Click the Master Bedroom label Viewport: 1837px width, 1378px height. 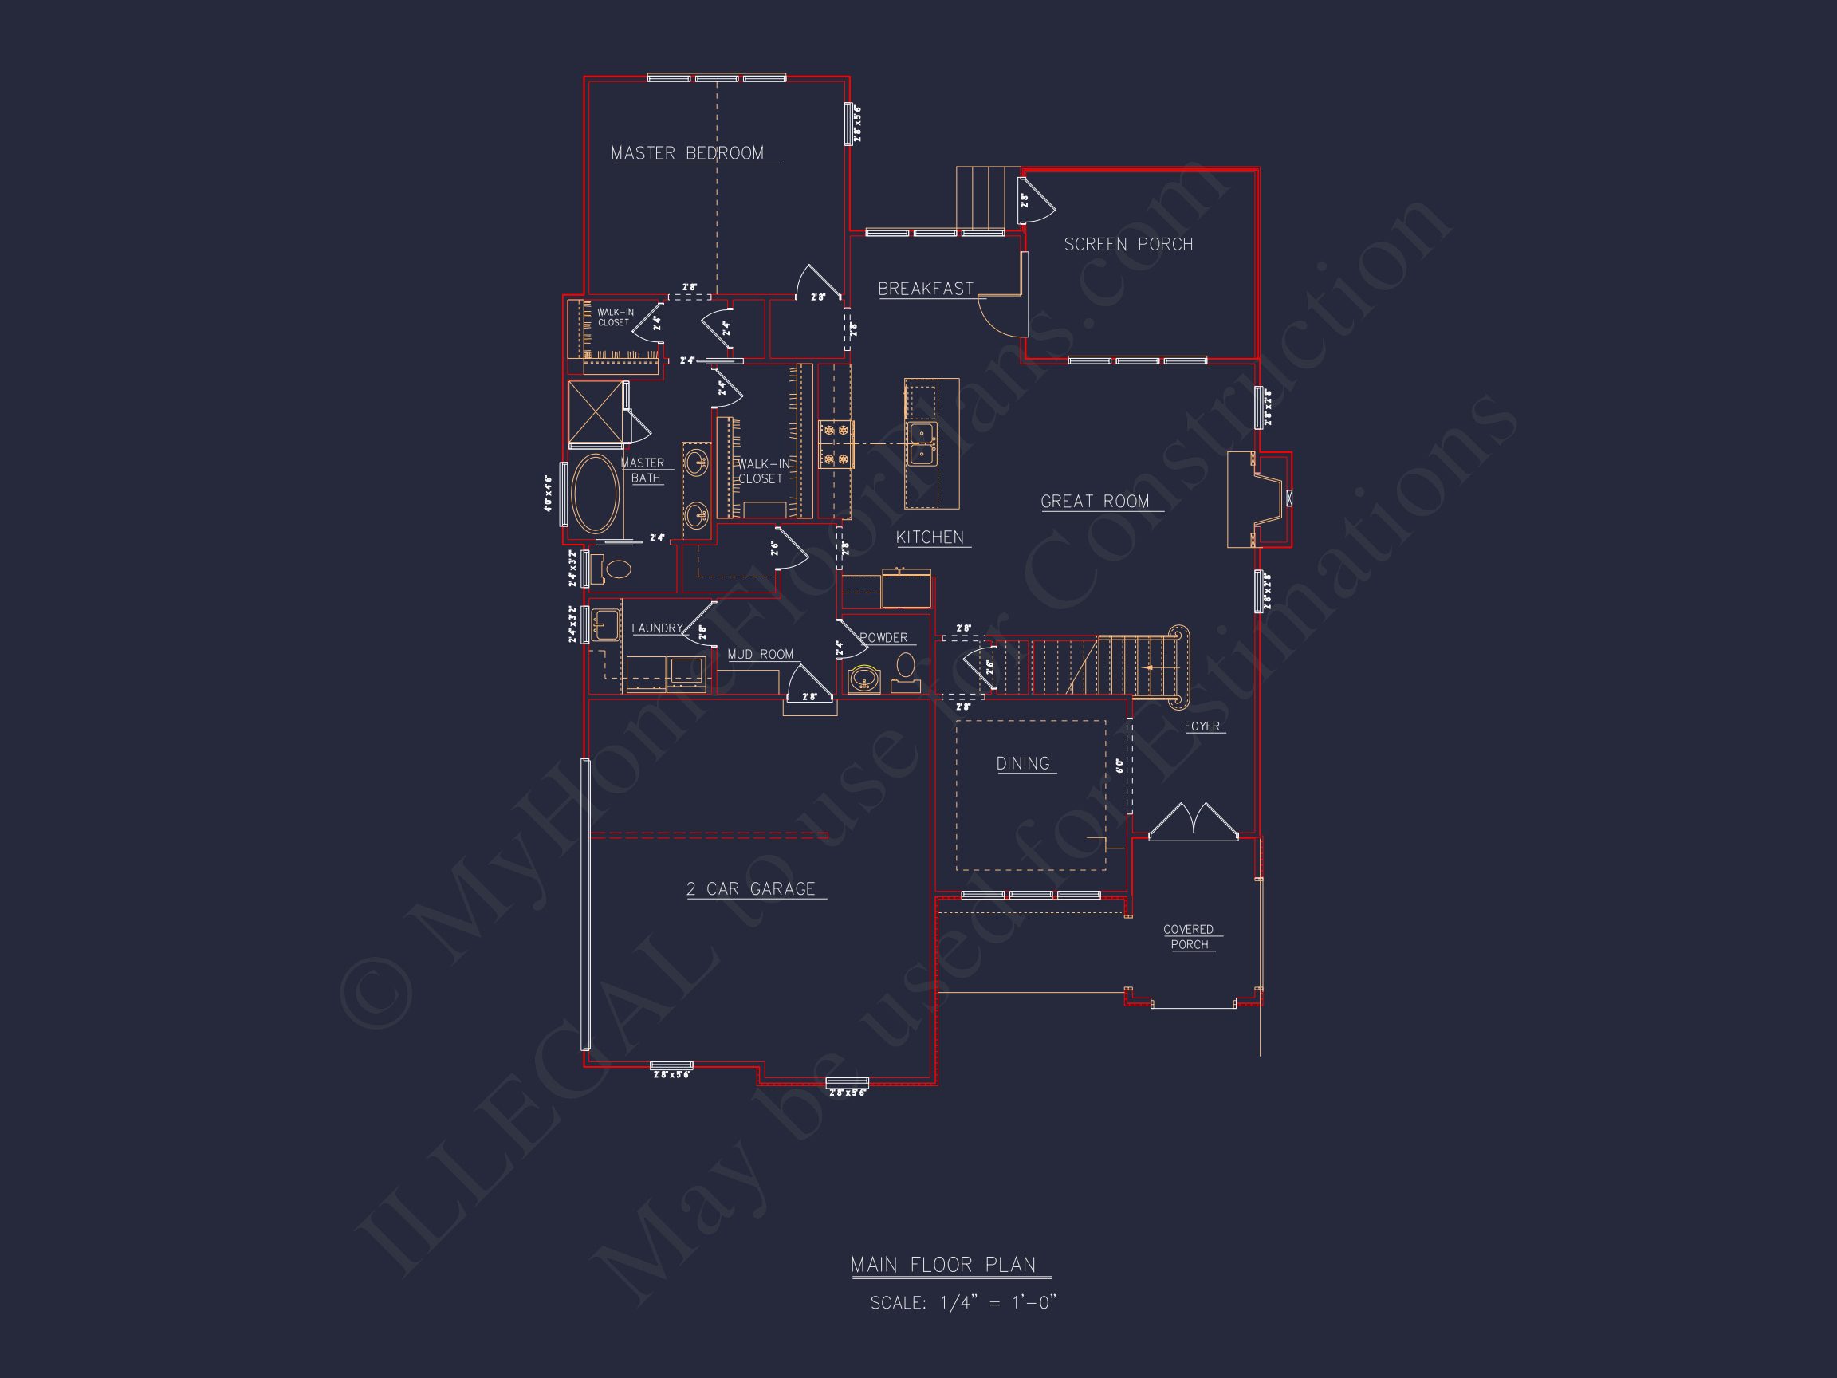[686, 154]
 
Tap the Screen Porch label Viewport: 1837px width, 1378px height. [1127, 244]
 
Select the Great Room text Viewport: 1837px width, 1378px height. [1095, 502]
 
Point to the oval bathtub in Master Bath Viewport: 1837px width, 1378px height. [595, 494]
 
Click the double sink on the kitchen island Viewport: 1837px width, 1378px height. [922, 443]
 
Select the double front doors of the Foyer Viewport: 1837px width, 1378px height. [1194, 821]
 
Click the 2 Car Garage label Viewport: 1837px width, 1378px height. [751, 889]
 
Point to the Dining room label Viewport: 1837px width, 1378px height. [1022, 763]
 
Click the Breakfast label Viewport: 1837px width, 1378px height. [925, 289]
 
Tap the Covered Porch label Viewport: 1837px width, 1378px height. [1189, 937]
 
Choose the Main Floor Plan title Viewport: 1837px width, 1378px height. [942, 1265]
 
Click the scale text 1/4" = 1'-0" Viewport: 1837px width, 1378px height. [962, 1302]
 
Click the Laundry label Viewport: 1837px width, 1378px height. [657, 628]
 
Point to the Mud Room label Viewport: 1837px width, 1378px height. [760, 655]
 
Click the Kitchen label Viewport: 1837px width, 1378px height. [930, 537]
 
